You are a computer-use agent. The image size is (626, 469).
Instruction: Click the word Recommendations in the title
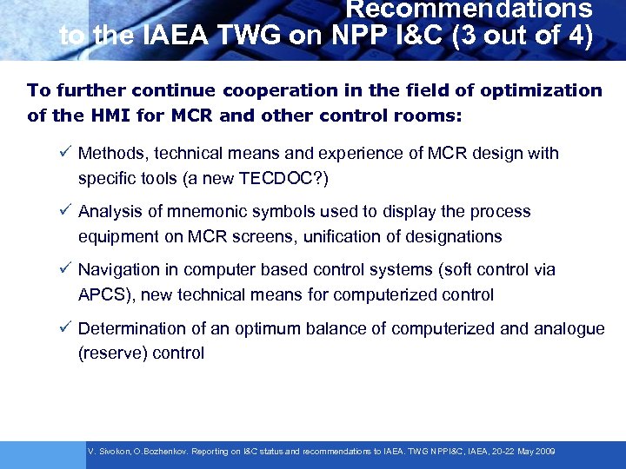(x=469, y=10)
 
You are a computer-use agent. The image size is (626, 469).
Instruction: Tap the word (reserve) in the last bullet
(x=109, y=353)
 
